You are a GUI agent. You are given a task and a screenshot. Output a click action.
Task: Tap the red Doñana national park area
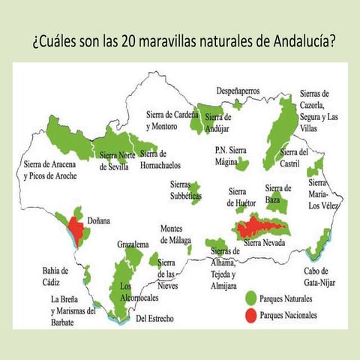[x=74, y=227]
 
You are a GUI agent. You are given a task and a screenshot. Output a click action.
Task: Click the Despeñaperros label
[x=238, y=91]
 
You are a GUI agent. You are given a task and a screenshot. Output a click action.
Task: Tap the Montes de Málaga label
[x=179, y=235]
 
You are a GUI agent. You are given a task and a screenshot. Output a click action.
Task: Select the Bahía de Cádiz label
[x=55, y=275]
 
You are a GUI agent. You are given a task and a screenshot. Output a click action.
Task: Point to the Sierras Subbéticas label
[x=184, y=190]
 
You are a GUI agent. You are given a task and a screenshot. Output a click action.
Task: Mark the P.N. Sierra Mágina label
[x=230, y=154]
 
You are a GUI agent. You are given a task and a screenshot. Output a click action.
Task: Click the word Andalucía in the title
[x=295, y=40]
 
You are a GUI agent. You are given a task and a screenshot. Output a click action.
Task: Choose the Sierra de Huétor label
[x=241, y=197]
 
